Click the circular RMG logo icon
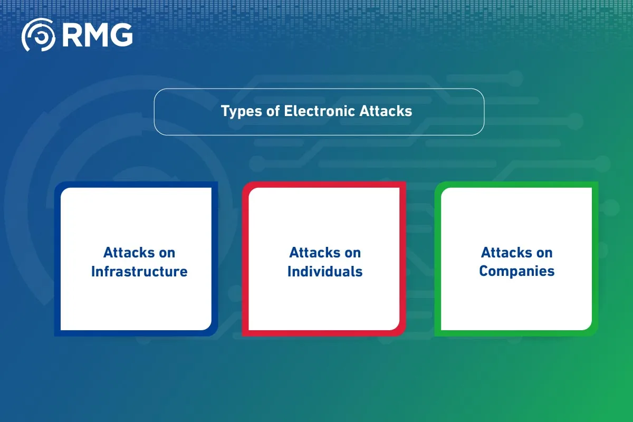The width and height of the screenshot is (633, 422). [x=38, y=35]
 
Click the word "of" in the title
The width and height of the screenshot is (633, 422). [x=273, y=111]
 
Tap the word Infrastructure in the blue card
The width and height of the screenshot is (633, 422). [x=139, y=272]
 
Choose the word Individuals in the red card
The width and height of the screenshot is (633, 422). [x=325, y=272]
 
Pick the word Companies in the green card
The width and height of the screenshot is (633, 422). [x=517, y=272]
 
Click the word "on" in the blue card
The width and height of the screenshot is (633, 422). [x=167, y=253]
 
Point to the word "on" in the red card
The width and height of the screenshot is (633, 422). [x=352, y=253]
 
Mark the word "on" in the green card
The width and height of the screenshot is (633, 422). [x=544, y=253]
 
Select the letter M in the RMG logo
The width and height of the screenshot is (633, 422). [x=95, y=35]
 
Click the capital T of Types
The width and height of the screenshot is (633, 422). [x=225, y=111]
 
